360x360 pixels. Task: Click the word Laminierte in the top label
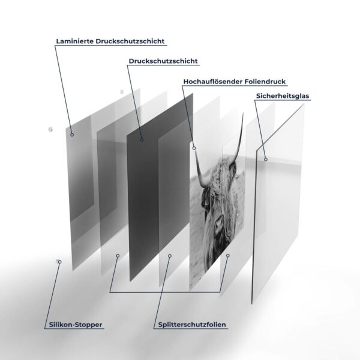point(75,41)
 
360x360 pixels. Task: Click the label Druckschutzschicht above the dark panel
point(163,61)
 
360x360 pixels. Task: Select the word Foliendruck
point(265,82)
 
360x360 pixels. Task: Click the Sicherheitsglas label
point(283,96)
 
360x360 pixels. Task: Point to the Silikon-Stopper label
point(76,325)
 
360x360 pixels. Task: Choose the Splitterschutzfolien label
point(192,325)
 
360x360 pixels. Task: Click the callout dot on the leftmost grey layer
point(72,135)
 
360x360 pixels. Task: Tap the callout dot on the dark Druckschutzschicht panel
point(142,140)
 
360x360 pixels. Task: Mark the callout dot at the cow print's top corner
point(194,148)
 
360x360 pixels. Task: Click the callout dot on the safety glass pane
point(266,160)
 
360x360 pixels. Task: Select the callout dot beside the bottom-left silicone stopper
point(59,262)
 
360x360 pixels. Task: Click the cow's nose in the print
point(218,222)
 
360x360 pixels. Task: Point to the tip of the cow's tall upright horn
point(243,113)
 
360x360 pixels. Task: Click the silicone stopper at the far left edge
point(50,130)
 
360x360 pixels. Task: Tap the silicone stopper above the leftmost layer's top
point(122,92)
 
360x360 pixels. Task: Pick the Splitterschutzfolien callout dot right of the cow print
point(228,256)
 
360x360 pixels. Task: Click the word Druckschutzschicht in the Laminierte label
point(130,41)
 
